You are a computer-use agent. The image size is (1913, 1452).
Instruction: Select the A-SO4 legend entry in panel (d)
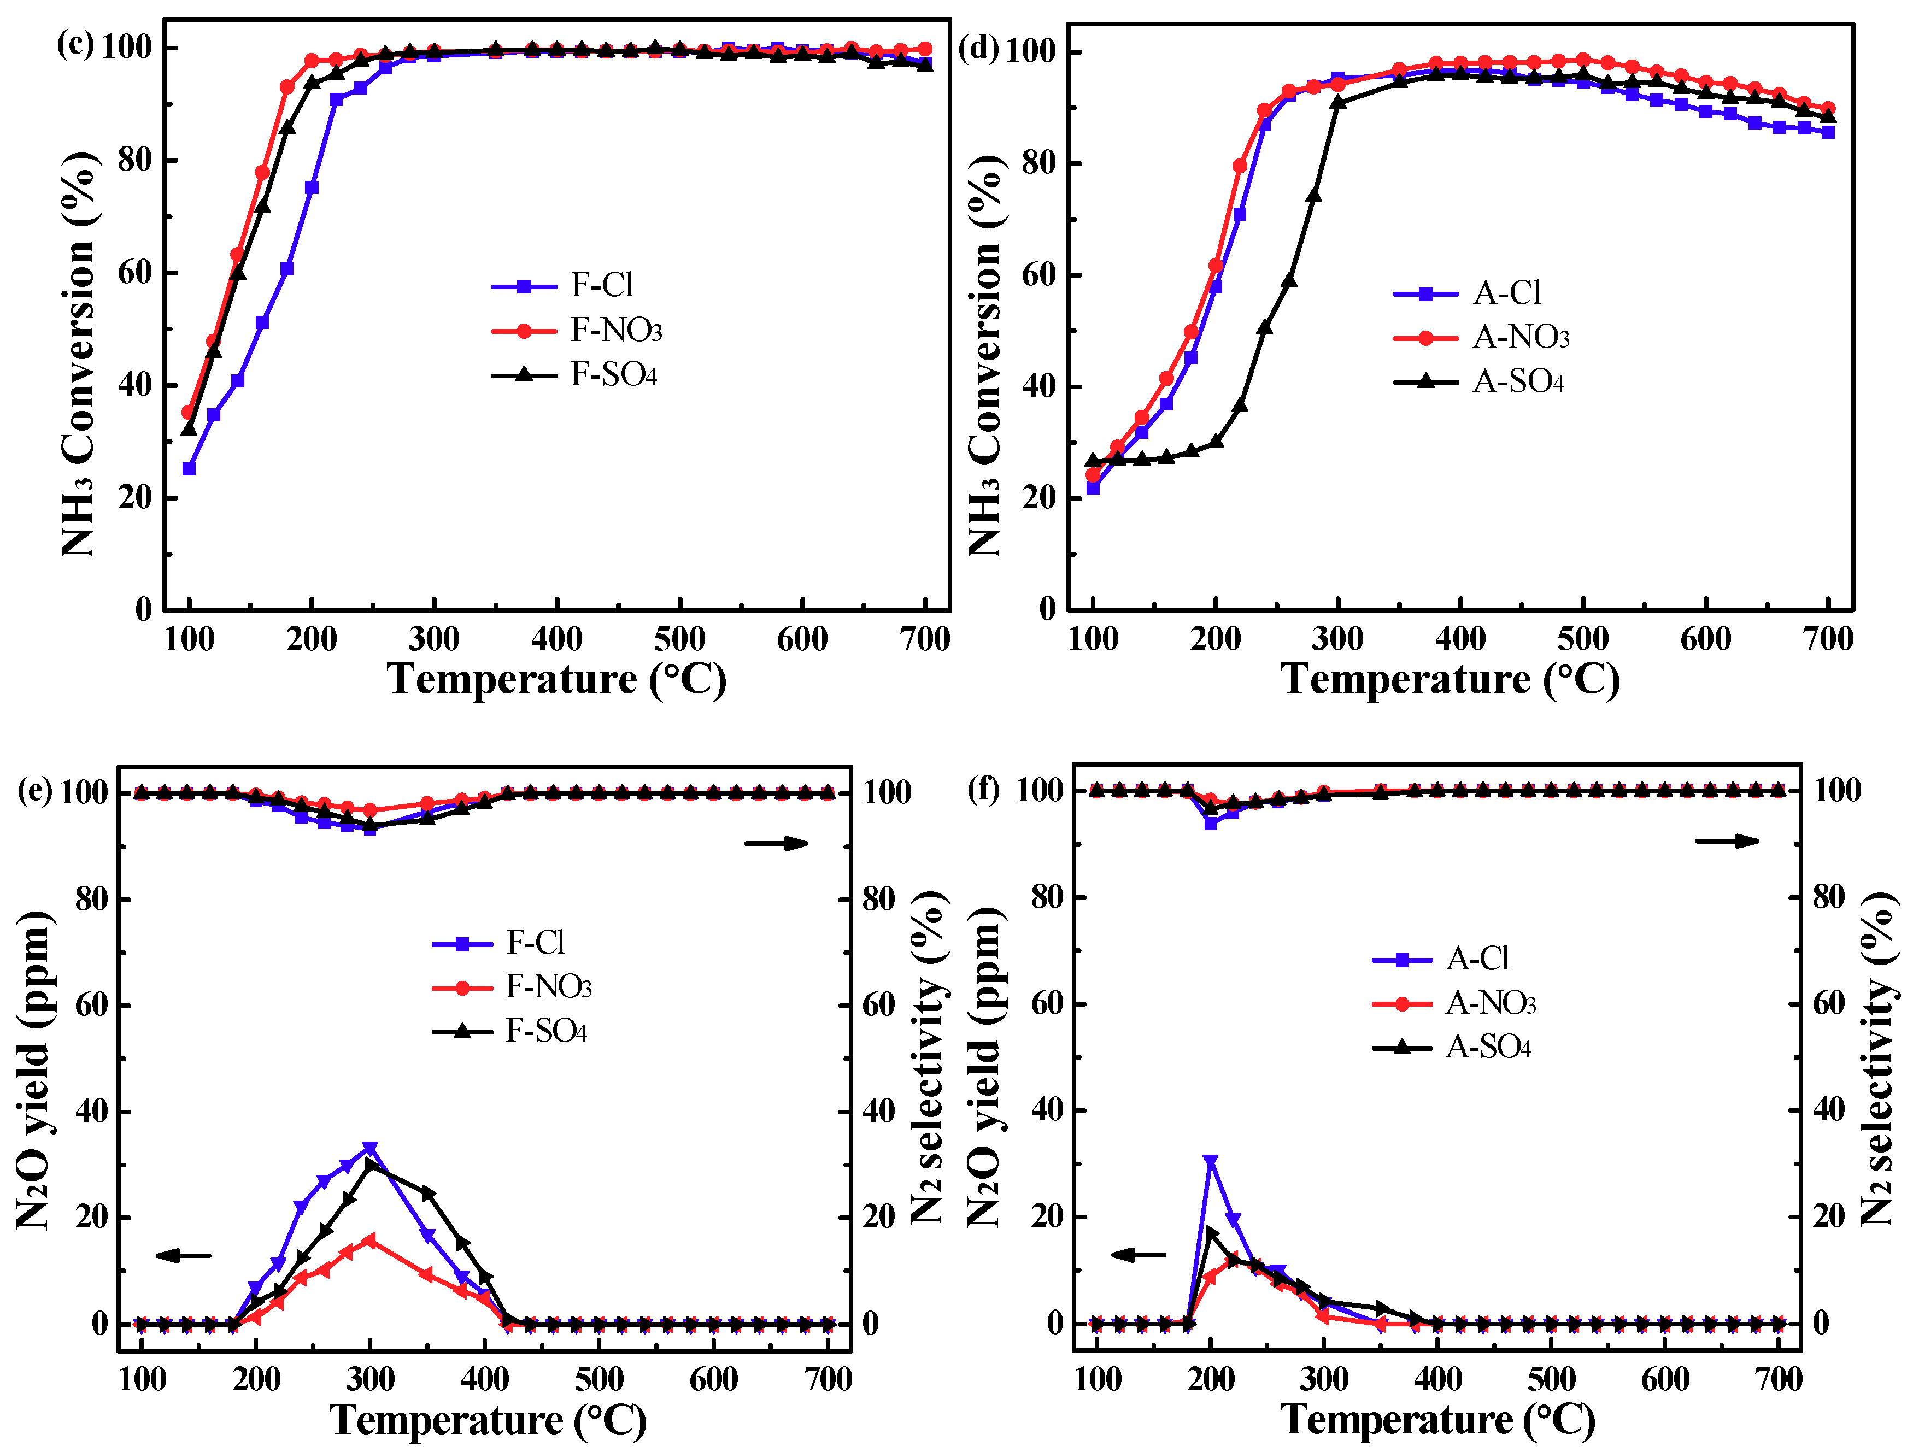click(x=1518, y=381)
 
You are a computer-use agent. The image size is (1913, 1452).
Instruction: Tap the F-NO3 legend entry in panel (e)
click(x=548, y=987)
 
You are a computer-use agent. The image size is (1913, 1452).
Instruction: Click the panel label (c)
click(x=75, y=43)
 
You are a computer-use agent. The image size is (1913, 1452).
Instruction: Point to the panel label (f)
click(x=983, y=789)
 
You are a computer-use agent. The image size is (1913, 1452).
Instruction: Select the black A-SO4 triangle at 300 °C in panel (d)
click(x=1338, y=102)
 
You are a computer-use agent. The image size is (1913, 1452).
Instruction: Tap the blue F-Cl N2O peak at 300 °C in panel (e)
click(x=370, y=1149)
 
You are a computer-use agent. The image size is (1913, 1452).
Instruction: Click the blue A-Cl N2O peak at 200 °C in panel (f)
click(x=1210, y=1161)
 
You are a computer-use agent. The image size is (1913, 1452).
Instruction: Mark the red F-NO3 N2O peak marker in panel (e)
click(x=370, y=1240)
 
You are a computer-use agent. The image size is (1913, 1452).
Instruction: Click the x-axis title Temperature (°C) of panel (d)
click(x=1450, y=679)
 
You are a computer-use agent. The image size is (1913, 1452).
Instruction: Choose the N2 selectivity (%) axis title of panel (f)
click(x=1877, y=1060)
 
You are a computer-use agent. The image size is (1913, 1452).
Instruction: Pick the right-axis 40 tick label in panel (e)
click(x=879, y=1111)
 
